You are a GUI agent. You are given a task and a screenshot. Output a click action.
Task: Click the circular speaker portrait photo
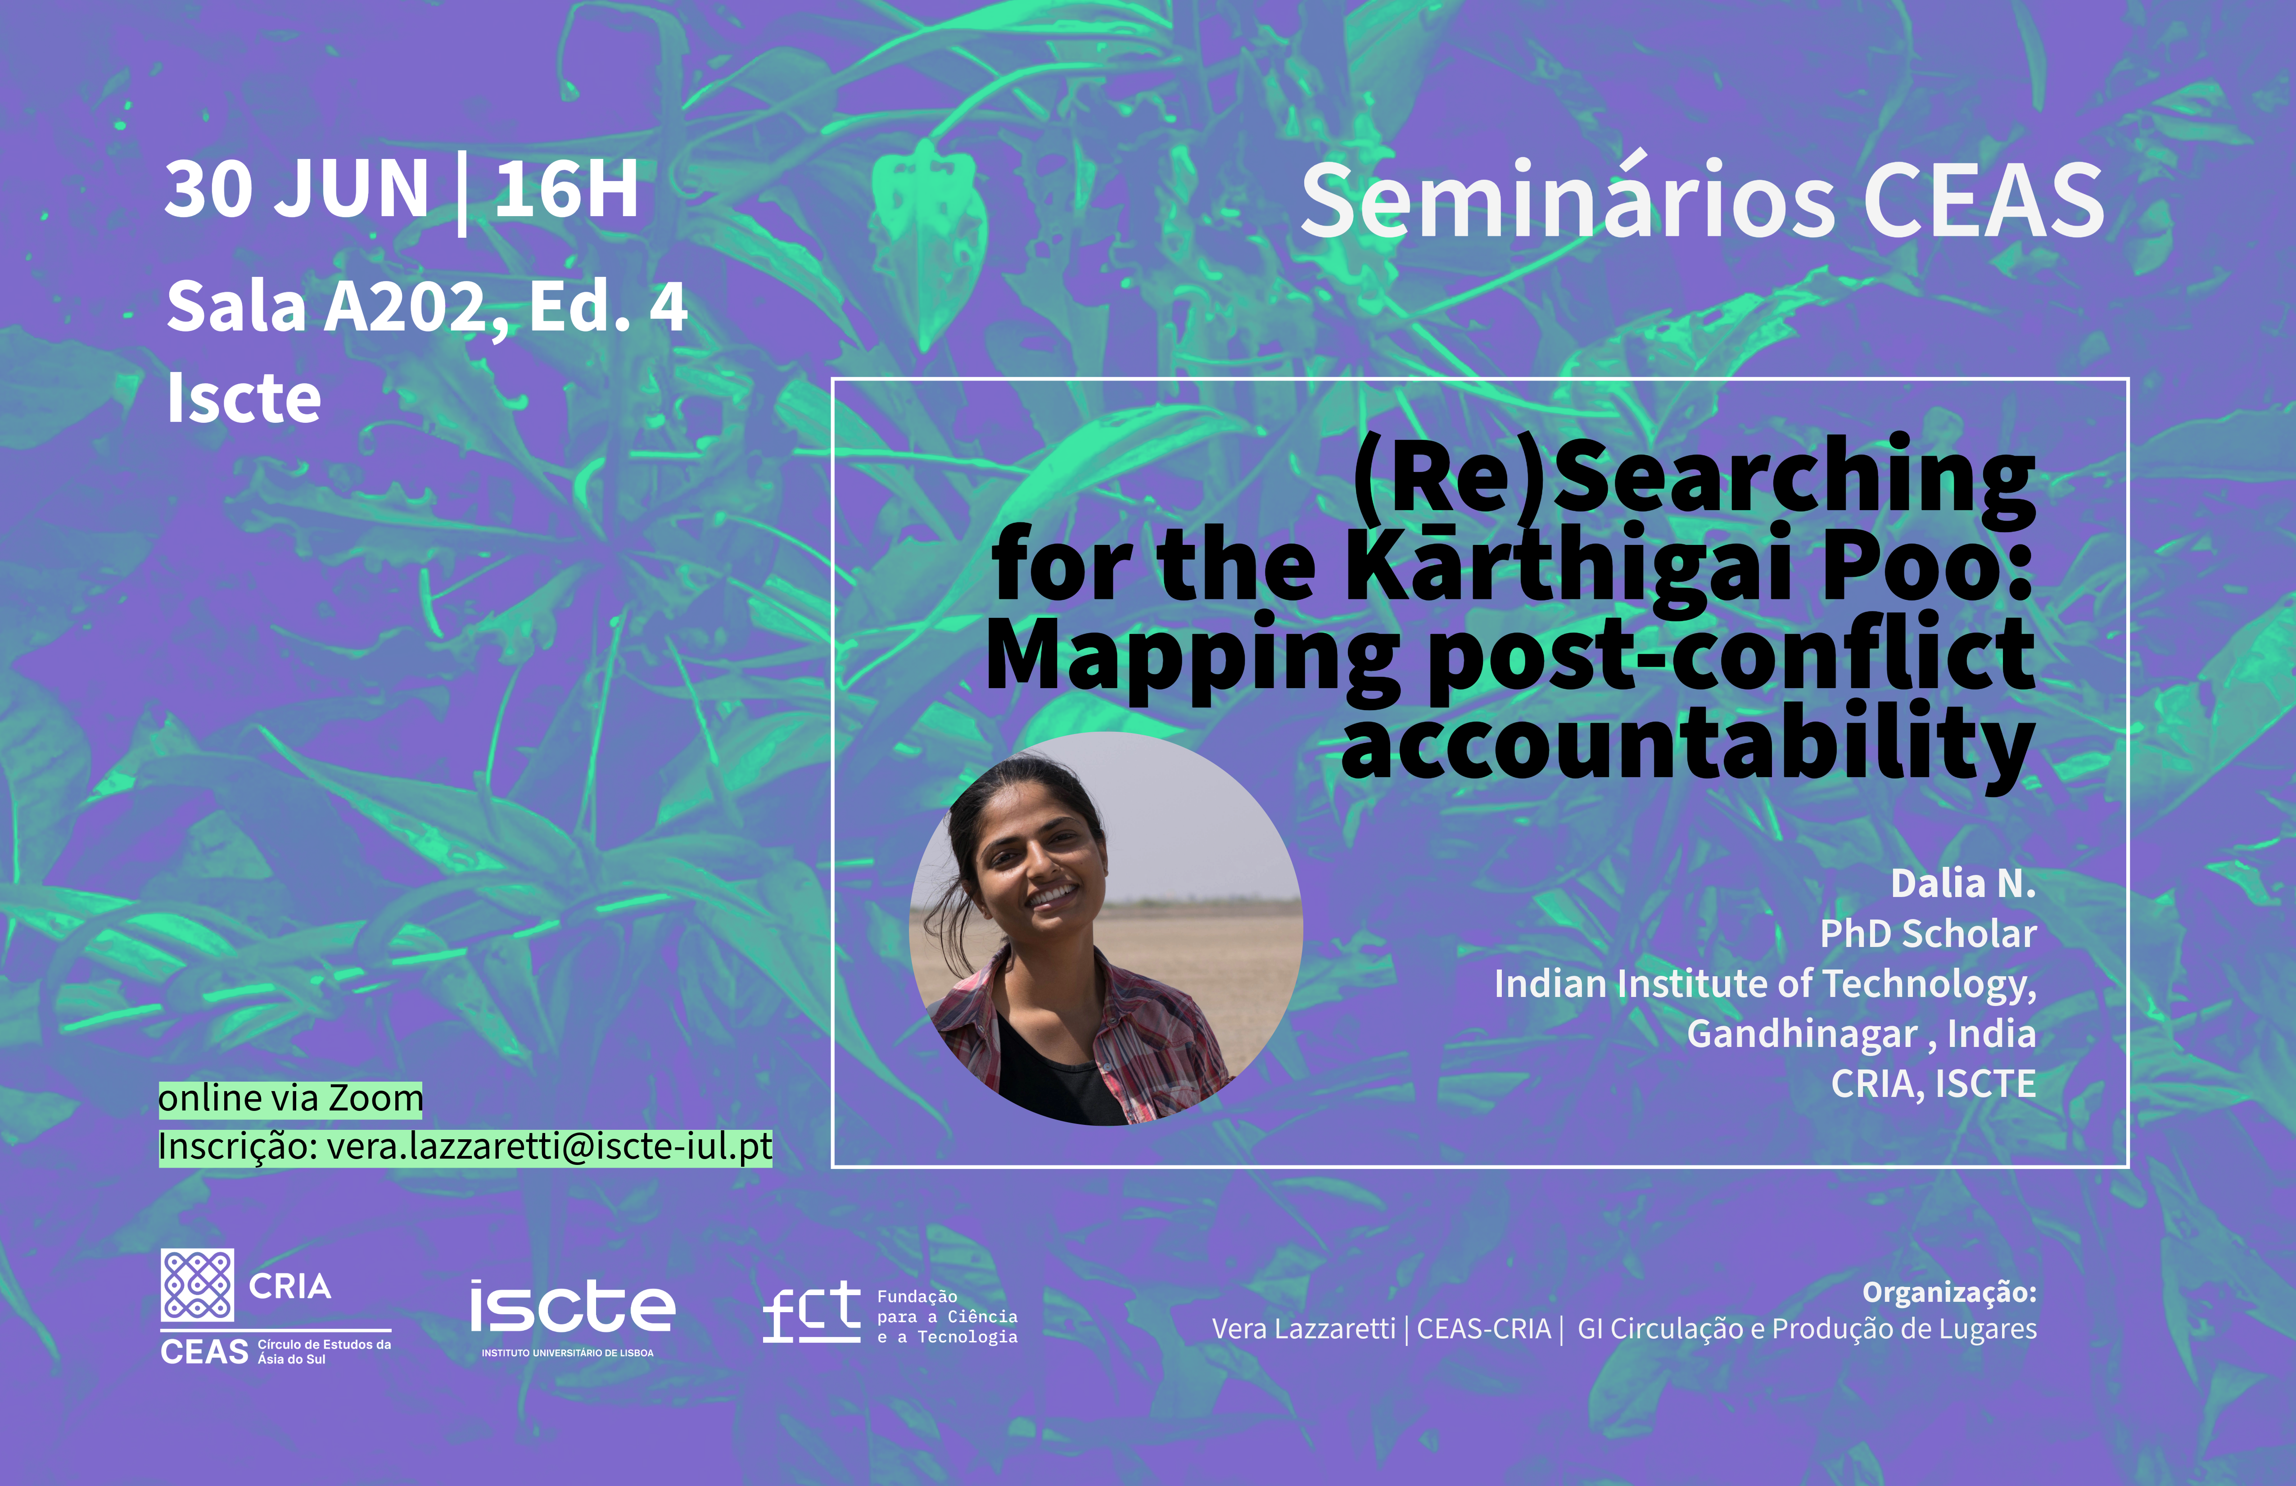(x=1107, y=928)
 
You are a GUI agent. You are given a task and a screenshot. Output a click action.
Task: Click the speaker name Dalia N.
(x=1963, y=883)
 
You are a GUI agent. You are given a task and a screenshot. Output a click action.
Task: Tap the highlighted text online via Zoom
(x=290, y=1098)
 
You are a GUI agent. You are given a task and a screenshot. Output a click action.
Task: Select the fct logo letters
(x=810, y=1312)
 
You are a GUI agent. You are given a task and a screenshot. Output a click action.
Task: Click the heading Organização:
(x=1949, y=1292)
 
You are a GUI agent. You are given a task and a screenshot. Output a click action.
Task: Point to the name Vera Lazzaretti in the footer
(x=1303, y=1329)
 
